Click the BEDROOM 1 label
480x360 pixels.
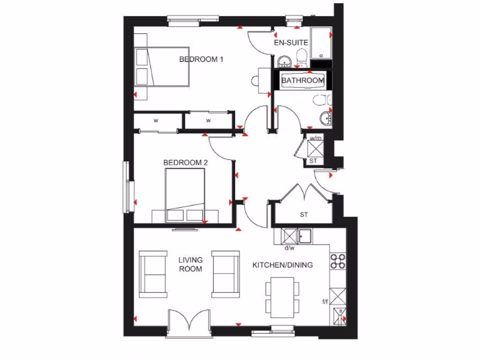pos(201,60)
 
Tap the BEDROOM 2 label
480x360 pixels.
pos(186,163)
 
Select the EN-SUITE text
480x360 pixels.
pos(291,43)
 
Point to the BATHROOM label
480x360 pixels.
pos(302,81)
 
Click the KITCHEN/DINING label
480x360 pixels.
pos(283,265)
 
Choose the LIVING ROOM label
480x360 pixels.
pos(190,264)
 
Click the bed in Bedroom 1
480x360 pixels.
pos(162,67)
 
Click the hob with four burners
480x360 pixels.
pos(337,261)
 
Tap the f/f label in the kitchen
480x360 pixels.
pos(325,302)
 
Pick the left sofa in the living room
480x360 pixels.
pos(153,274)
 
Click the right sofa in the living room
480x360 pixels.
pos(226,274)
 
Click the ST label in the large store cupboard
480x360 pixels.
pos(304,215)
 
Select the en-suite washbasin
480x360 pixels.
pos(284,61)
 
